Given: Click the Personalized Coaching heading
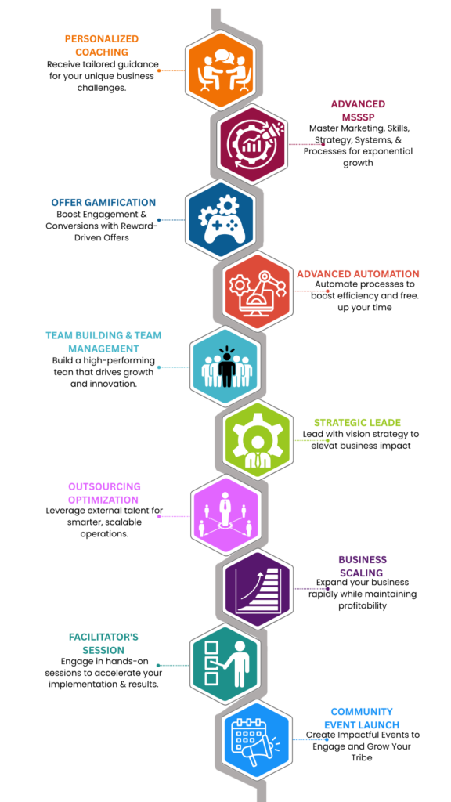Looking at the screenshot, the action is pos(101,45).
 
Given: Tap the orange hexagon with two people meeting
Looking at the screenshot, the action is pos(220,70).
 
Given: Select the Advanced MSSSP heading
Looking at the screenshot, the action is pos(358,110).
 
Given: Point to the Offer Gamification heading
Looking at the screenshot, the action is pos(103,203).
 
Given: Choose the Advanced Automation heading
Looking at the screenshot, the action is pos(358,273).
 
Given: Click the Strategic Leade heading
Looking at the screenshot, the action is pos(357,422).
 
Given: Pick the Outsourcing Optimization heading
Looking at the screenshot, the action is pos(105,493).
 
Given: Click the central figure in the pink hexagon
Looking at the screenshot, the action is pos(225,508).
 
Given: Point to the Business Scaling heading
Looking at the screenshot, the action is pos(363,565).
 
